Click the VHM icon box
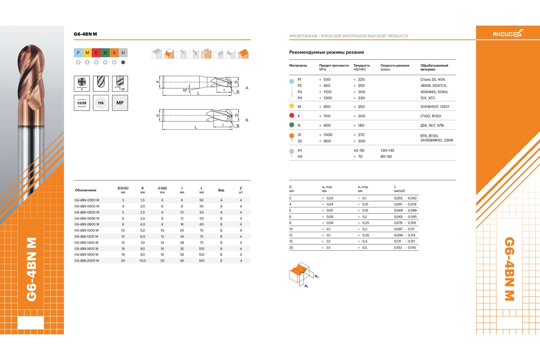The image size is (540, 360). click(82, 103)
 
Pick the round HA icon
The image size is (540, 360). click(101, 103)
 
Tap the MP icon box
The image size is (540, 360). click(120, 103)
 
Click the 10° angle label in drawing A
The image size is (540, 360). click(184, 90)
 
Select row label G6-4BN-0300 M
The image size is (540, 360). click(87, 200)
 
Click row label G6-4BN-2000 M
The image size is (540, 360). click(87, 261)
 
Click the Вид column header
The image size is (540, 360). click(221, 189)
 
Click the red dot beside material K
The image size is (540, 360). click(292, 116)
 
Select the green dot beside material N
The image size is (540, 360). click(292, 125)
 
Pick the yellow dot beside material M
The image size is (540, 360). click(292, 107)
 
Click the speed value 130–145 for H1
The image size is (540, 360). click(387, 150)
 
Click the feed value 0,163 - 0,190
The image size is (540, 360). click(405, 247)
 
